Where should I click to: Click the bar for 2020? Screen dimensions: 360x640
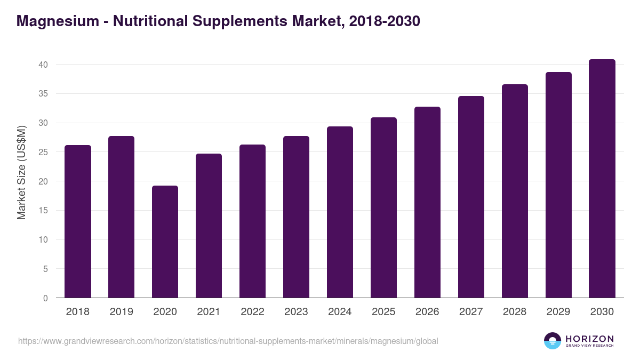tap(165, 242)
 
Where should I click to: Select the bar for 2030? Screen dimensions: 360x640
tap(602, 179)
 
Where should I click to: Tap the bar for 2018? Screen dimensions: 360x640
tap(78, 221)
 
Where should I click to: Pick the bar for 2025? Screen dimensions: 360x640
tap(383, 207)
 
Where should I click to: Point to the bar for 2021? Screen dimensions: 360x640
tap(209, 226)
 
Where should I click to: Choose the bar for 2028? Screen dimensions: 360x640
tap(515, 191)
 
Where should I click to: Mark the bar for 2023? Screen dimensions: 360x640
tap(296, 217)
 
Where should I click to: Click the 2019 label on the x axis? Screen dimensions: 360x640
tap(122, 312)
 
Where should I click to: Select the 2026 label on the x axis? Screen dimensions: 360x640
tap(427, 312)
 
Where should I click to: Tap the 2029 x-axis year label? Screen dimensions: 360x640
tap(558, 312)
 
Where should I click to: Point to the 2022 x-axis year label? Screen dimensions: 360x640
tap(252, 312)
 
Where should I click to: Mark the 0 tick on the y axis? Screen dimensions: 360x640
tap(46, 298)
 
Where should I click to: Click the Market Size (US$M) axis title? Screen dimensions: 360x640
tap(21, 173)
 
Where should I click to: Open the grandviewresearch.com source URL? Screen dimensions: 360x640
tap(228, 341)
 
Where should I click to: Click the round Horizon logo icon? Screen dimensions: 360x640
tap(552, 341)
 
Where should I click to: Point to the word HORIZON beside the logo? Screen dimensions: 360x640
tap(589, 339)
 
